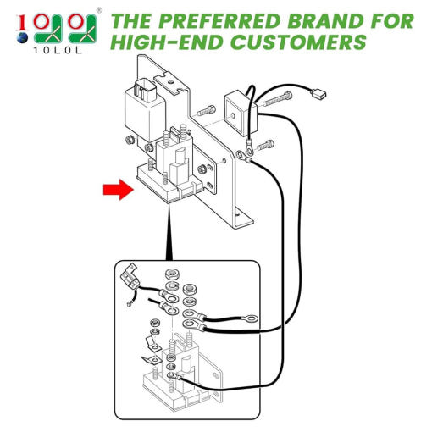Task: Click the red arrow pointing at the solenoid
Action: point(119,190)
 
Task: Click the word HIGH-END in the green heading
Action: point(169,42)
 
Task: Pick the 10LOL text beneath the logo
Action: point(58,51)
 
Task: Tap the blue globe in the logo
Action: point(22,38)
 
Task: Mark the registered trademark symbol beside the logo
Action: point(99,10)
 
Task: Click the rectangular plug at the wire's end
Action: point(318,94)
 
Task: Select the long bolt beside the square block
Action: point(278,99)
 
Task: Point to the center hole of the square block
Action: point(233,115)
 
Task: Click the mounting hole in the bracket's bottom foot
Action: point(238,213)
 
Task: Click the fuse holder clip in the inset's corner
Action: point(130,278)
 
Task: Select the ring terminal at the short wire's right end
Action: point(252,318)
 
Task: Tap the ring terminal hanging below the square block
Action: point(250,147)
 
